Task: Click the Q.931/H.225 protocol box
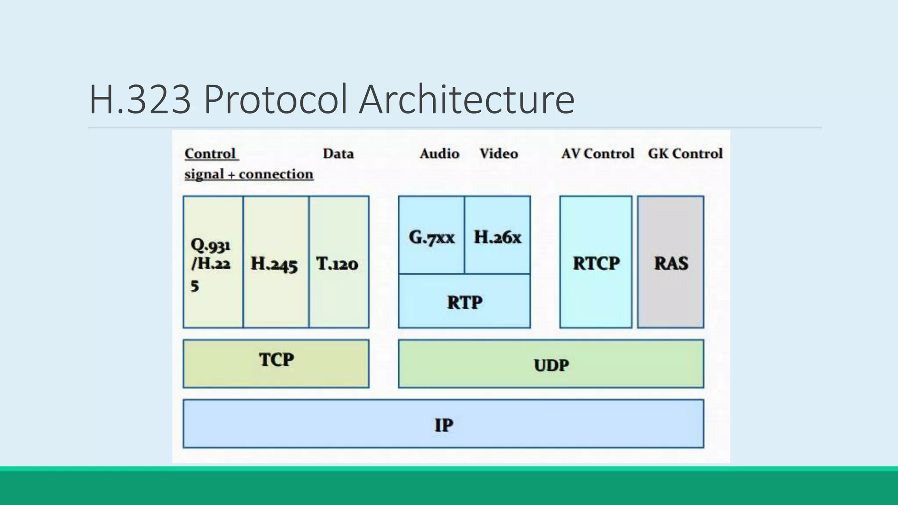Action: tap(213, 262)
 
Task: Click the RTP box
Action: tap(464, 302)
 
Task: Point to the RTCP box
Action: tap(596, 262)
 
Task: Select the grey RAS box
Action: tap(671, 262)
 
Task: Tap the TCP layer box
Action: tap(276, 363)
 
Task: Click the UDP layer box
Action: tap(551, 364)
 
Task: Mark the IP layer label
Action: tap(444, 424)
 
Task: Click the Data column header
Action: tap(338, 153)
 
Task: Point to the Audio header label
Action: tap(439, 153)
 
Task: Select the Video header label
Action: tap(499, 153)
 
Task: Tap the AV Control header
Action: tap(598, 153)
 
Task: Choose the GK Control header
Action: tap(685, 153)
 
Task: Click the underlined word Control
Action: tap(210, 154)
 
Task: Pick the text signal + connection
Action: tap(249, 174)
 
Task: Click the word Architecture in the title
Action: tap(467, 100)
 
